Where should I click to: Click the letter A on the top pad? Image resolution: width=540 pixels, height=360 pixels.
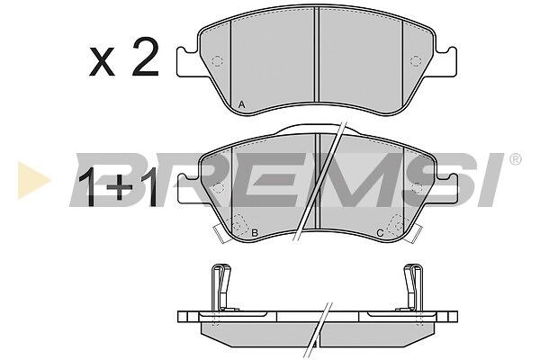tap(242, 104)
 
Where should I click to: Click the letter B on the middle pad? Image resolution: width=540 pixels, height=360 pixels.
tap(255, 233)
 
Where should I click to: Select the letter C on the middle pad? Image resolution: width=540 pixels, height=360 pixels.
tap(380, 233)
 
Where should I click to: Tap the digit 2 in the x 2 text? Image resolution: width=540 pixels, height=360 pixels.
tap(145, 57)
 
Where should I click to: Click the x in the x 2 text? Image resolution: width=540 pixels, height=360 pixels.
tap(102, 62)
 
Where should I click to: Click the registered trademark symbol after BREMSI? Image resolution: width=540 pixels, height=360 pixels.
tap(515, 159)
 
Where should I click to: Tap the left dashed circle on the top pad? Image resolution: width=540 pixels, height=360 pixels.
tap(217, 61)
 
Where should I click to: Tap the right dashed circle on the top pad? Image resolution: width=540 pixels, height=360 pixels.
tap(416, 61)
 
